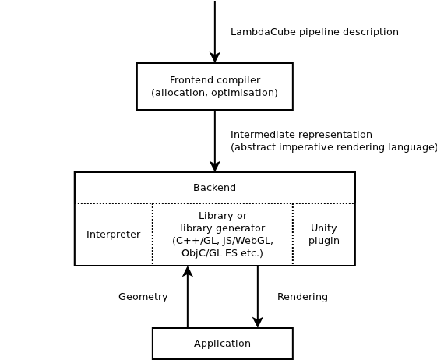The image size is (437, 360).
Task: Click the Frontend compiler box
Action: click(x=214, y=86)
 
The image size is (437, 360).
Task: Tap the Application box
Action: click(x=222, y=343)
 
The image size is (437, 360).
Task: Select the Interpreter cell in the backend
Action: click(x=114, y=235)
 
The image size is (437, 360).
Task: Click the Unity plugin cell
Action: click(x=324, y=234)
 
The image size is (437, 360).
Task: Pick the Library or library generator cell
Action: click(x=223, y=234)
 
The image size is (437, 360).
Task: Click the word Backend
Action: click(x=214, y=188)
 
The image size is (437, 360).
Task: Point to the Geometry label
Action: click(x=143, y=297)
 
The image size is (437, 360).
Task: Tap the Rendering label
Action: click(x=302, y=297)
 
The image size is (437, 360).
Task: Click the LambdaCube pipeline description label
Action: click(x=315, y=32)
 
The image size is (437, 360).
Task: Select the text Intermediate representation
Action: click(x=301, y=135)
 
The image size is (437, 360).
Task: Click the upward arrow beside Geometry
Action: click(x=187, y=296)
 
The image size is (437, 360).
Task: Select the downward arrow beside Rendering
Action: click(x=258, y=296)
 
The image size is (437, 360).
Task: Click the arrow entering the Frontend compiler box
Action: click(x=214, y=31)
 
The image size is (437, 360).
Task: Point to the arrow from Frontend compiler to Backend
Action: click(x=214, y=140)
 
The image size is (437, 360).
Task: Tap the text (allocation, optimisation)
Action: click(x=214, y=93)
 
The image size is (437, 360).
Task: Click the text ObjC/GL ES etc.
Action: click(x=223, y=253)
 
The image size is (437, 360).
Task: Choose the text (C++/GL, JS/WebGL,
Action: click(x=223, y=241)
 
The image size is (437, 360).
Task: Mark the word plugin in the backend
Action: click(x=324, y=241)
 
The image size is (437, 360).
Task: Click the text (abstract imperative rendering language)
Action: click(x=333, y=147)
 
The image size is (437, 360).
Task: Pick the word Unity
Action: click(x=324, y=228)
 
